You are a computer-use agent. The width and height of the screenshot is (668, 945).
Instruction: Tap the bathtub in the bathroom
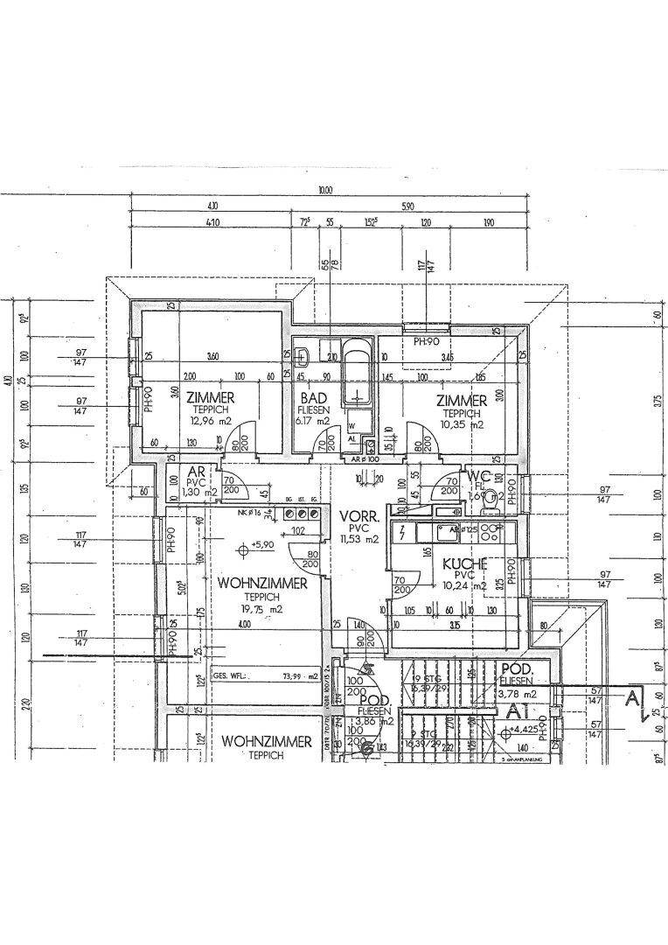[356, 375]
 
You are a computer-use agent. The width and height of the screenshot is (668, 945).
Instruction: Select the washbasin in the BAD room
[303, 357]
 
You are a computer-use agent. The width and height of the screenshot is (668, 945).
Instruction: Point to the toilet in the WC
[491, 500]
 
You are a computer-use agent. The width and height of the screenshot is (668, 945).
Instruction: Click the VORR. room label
[358, 517]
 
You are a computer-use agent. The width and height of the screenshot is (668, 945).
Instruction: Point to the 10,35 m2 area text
[462, 424]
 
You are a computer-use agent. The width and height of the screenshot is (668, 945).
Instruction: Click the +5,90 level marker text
[261, 545]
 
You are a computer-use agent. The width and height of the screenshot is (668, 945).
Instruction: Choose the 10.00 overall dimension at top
[325, 190]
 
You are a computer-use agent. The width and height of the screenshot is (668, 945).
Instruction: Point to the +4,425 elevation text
[526, 729]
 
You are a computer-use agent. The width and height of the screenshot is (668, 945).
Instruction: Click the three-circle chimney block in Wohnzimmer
[299, 514]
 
